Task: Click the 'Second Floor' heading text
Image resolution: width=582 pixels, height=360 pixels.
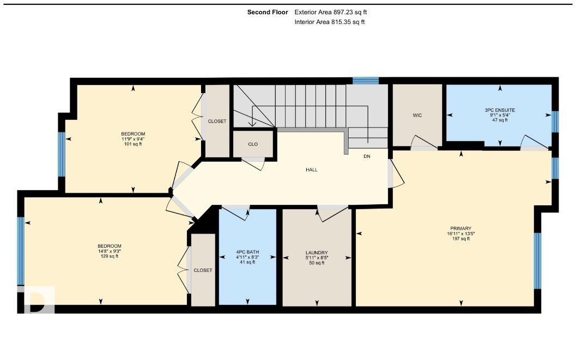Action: point(268,12)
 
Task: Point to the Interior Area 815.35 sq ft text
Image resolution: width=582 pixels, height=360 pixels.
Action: point(329,22)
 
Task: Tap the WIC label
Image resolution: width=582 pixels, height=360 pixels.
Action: point(417,115)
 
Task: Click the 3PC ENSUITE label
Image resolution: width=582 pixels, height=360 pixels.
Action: point(500,110)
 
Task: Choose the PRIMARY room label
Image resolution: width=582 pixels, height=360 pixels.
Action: point(460,229)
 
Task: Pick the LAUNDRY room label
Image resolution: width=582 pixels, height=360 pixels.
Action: point(317,253)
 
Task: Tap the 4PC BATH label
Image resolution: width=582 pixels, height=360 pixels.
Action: point(247,252)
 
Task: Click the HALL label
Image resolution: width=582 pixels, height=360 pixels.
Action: point(312,170)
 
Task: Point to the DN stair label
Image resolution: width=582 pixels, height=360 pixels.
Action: point(367,156)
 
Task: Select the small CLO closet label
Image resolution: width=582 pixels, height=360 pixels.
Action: point(253,144)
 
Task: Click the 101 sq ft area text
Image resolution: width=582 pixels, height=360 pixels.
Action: point(133,144)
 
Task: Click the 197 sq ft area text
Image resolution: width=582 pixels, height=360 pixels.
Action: point(460,239)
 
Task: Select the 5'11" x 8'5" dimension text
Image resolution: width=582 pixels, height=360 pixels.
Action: point(317,258)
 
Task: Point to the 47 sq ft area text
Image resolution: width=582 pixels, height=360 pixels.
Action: point(500,120)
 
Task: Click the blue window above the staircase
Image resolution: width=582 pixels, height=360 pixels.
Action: point(365,81)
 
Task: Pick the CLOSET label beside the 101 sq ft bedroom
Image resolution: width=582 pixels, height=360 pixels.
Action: point(217,121)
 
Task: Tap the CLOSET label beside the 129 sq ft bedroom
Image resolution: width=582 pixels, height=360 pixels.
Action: point(203,270)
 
